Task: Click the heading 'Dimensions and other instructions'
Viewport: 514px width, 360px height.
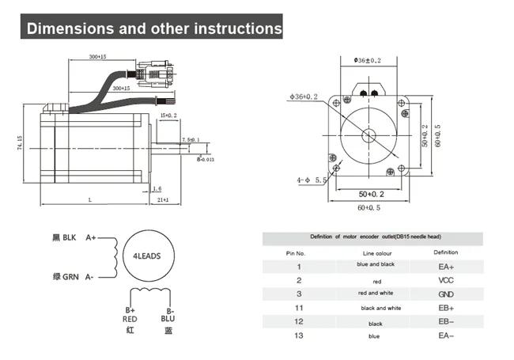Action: (x=153, y=29)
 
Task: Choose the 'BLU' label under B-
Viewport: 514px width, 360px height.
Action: (x=168, y=319)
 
